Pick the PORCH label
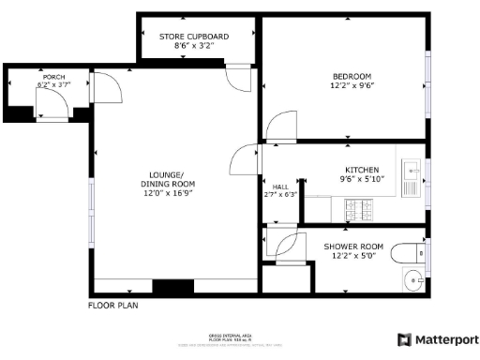coord(52,77)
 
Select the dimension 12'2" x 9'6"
coord(352,86)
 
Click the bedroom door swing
coord(279,127)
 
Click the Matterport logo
coord(438,339)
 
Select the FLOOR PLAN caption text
coord(113,306)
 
